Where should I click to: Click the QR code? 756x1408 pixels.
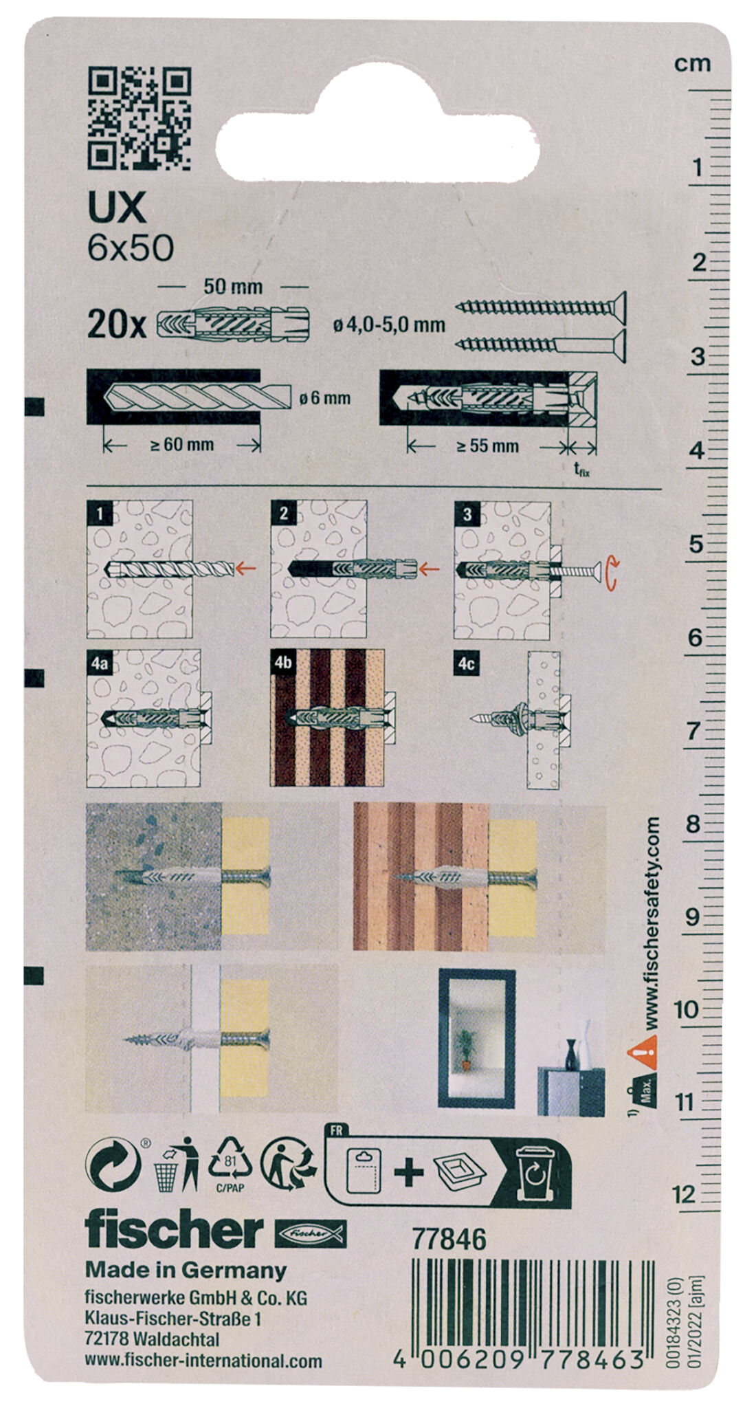coord(140,118)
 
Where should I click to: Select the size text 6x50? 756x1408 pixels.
coord(131,248)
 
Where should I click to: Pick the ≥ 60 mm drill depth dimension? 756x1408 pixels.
coord(181,445)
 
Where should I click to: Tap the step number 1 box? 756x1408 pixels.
coord(100,514)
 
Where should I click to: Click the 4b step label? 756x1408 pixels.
coord(284,663)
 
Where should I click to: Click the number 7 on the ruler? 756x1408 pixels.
coord(693,730)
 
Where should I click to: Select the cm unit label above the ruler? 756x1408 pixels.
coord(692,64)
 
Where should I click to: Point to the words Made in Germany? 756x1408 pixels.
coord(186,1270)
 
